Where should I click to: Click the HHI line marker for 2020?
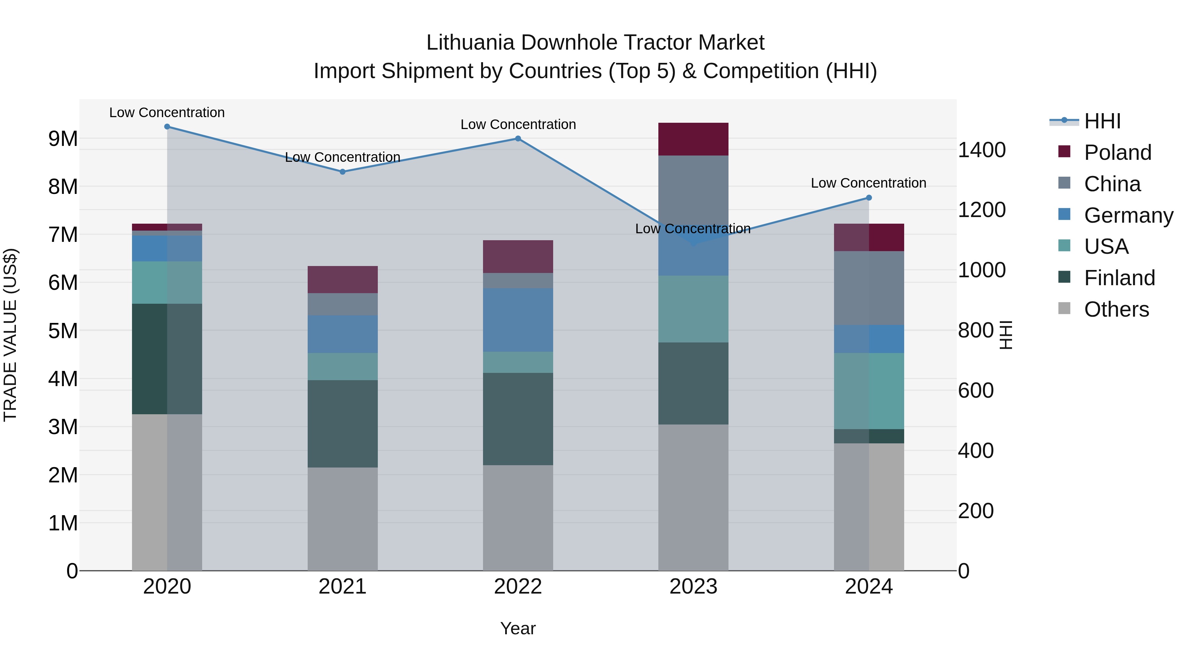coord(167,127)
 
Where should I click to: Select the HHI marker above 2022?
coord(518,139)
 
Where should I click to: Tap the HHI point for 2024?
coord(869,198)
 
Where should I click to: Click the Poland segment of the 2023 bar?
coord(693,139)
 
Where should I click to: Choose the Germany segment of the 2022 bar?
coord(518,320)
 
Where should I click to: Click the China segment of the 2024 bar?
coord(869,288)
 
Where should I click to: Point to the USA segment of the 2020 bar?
coord(167,283)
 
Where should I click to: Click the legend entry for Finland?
coord(1119,278)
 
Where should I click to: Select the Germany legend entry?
coord(1128,215)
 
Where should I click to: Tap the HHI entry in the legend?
coord(1102,121)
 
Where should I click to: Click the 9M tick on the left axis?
coord(63,139)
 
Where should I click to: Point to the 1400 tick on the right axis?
coord(982,150)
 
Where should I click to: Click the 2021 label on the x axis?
coord(343,586)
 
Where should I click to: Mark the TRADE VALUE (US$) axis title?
coord(10,335)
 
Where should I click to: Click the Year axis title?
coord(518,628)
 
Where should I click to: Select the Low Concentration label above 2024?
coord(868,183)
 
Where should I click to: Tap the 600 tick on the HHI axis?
coord(976,390)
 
